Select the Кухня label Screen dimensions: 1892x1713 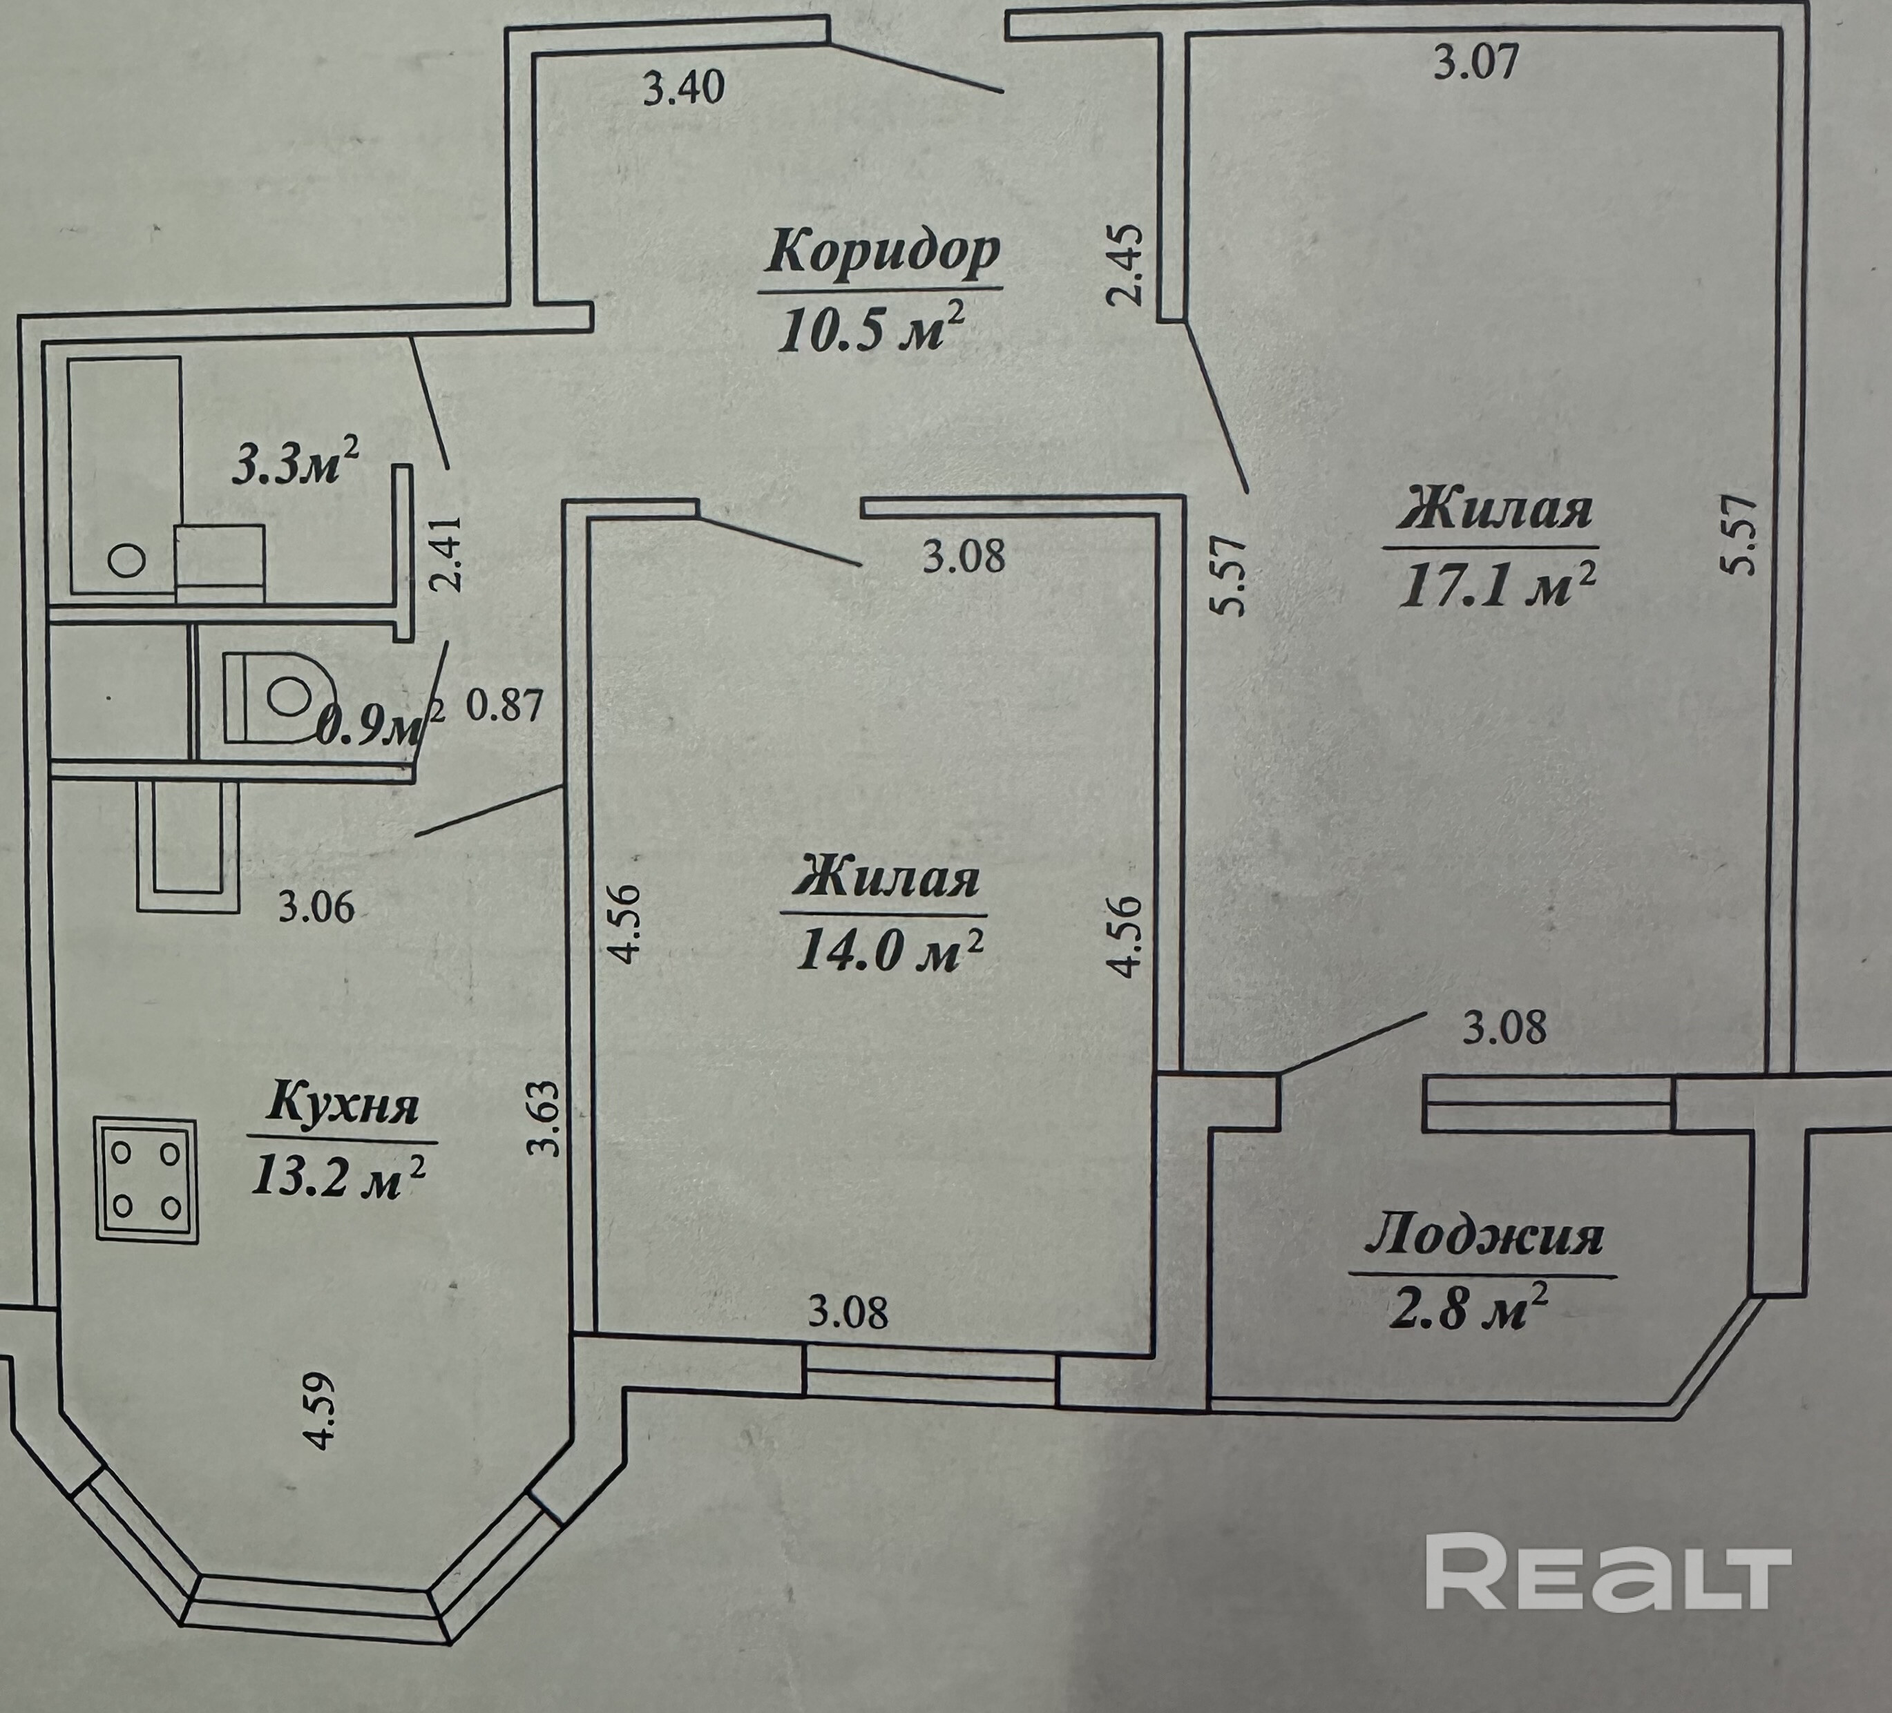click(343, 1105)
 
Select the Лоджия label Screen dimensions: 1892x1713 click(1484, 1237)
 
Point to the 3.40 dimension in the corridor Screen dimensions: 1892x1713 click(684, 89)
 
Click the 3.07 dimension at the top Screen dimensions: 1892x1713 click(1476, 64)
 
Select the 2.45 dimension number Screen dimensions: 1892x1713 click(1125, 264)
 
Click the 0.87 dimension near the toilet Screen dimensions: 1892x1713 click(505, 704)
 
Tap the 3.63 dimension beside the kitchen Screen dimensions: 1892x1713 click(545, 1119)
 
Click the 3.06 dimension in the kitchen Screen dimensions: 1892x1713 click(316, 907)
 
